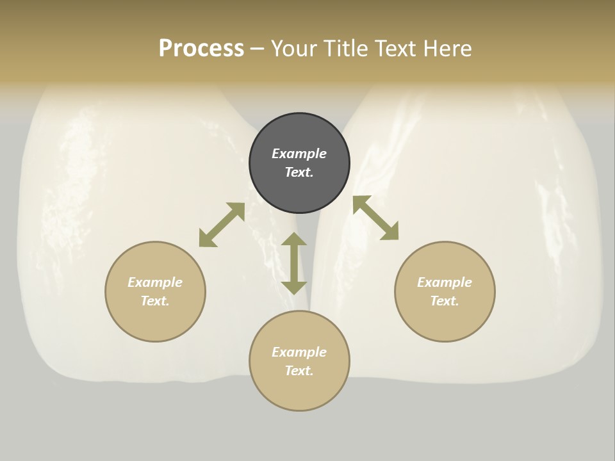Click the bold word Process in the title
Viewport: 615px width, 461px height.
(201, 49)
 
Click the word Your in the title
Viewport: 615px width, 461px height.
(293, 49)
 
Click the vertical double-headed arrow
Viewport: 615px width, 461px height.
(294, 263)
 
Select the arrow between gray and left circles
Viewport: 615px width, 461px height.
(222, 225)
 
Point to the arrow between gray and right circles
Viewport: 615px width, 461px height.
(375, 218)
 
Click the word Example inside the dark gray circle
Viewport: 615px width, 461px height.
(299, 154)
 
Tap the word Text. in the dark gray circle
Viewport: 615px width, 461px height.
(299, 172)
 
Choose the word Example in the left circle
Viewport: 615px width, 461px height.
(155, 282)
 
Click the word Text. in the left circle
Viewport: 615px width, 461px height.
(155, 301)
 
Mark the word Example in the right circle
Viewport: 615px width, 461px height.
(445, 282)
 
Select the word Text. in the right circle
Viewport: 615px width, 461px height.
(445, 301)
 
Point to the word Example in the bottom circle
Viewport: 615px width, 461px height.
(299, 352)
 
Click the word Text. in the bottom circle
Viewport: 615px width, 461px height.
(299, 371)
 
